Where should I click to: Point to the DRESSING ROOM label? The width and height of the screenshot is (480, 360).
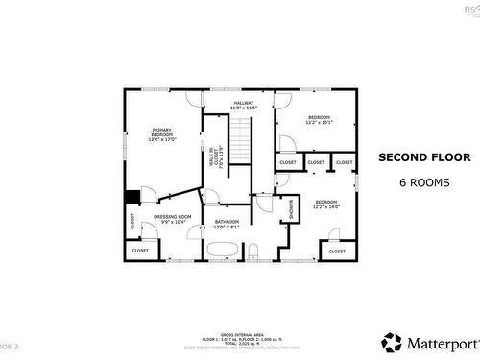click(x=173, y=219)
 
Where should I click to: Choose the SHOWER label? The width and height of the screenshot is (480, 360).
click(x=291, y=209)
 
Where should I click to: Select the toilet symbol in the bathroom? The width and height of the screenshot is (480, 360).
click(x=253, y=252)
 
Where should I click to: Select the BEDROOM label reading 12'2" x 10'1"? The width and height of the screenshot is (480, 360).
click(x=318, y=120)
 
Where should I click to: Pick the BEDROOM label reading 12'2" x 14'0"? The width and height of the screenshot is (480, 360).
click(x=327, y=204)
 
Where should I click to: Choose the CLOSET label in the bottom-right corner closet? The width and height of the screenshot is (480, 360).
click(x=337, y=251)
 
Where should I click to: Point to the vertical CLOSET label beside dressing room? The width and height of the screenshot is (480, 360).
click(x=132, y=220)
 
